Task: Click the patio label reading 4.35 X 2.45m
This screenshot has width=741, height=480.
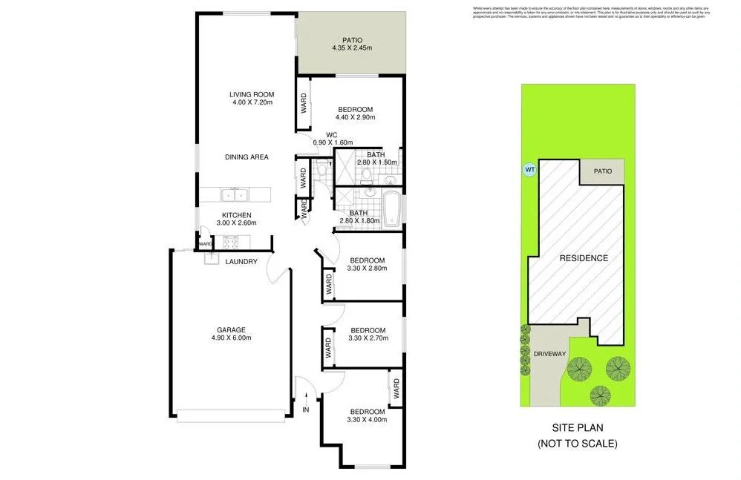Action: [352, 45]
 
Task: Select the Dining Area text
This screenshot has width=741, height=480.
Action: [247, 157]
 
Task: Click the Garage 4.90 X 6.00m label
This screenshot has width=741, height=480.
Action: [231, 334]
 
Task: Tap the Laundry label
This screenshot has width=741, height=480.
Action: [241, 261]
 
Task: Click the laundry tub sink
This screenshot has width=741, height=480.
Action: [210, 258]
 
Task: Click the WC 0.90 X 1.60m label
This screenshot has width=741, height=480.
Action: [332, 139]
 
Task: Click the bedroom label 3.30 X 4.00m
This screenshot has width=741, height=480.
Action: [368, 415]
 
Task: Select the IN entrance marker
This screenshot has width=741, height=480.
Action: [305, 409]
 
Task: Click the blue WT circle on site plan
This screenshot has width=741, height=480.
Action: [530, 169]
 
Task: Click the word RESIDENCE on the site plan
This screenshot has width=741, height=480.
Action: [584, 258]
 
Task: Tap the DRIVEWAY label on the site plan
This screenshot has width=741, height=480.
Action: [549, 353]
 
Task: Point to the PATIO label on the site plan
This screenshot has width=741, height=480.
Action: [602, 171]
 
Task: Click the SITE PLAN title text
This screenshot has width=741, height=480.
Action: [578, 429]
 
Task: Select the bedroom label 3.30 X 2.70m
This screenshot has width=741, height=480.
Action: [368, 335]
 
